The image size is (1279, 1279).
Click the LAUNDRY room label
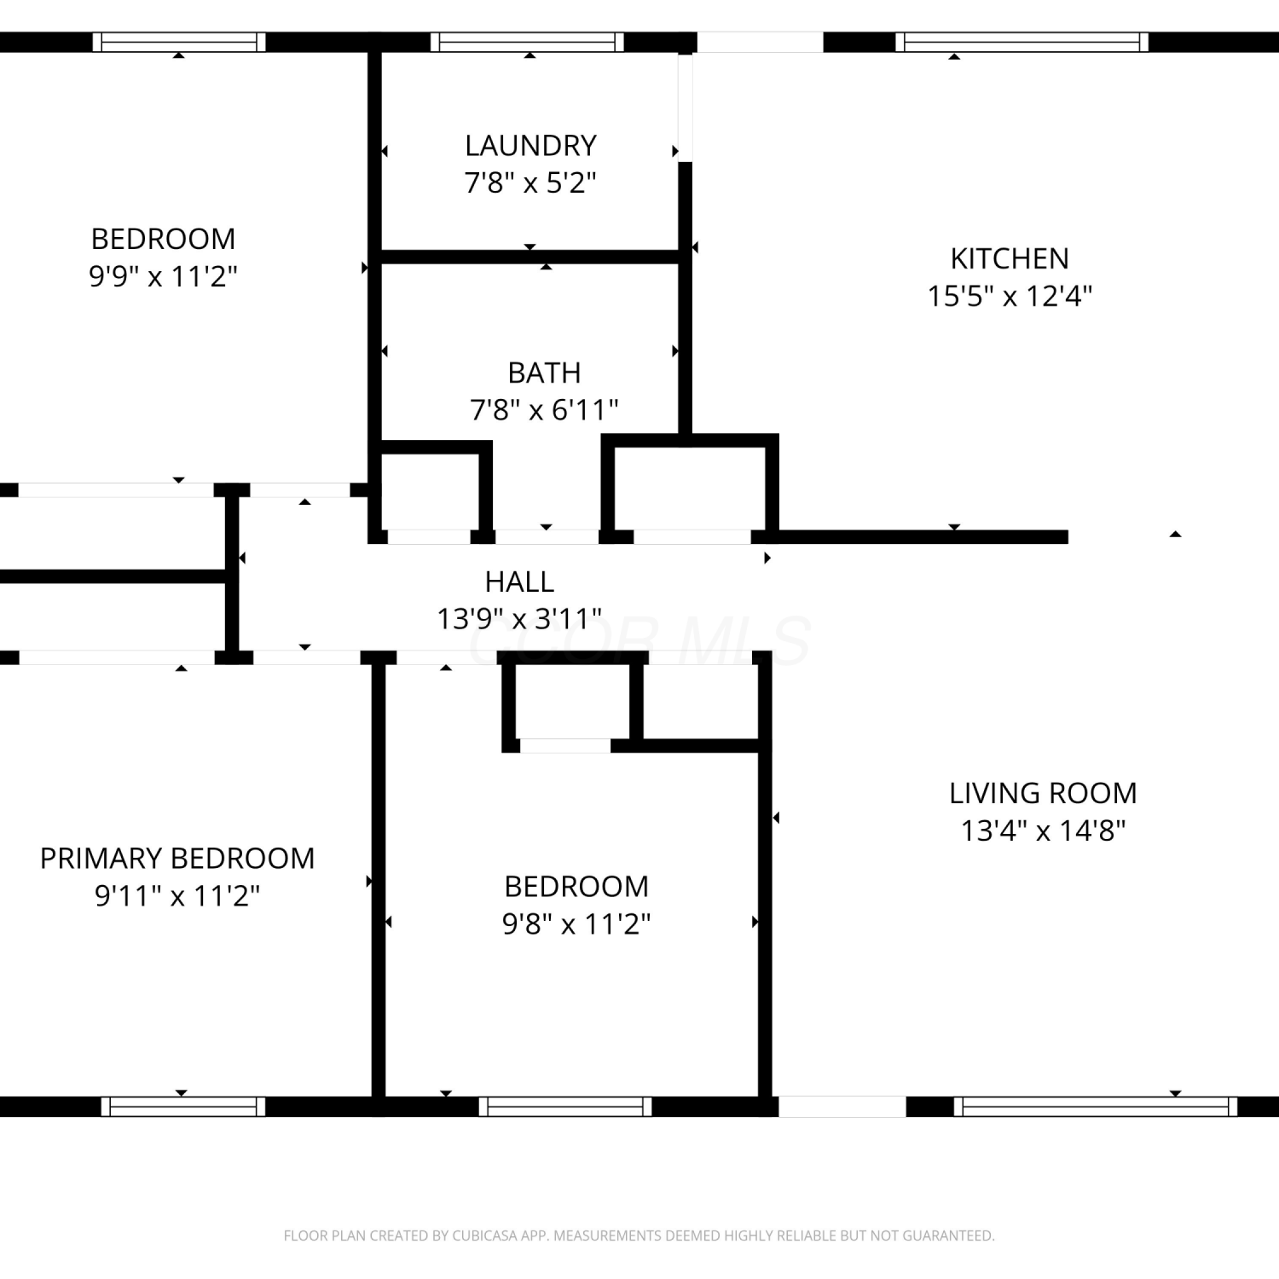pyautogui.click(x=530, y=146)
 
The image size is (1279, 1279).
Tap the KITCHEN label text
pyautogui.click(x=1010, y=258)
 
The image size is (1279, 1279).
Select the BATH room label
pyautogui.click(x=544, y=373)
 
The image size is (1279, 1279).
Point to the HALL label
pyautogui.click(x=519, y=582)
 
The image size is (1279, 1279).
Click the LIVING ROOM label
pyautogui.click(x=1043, y=793)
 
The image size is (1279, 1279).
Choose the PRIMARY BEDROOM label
pyautogui.click(x=177, y=858)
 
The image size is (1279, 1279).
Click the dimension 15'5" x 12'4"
pyautogui.click(x=1010, y=296)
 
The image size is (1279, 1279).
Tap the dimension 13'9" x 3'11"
pyautogui.click(x=519, y=618)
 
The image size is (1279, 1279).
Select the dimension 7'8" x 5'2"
pyautogui.click(x=530, y=182)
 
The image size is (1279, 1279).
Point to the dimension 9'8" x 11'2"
pyautogui.click(x=576, y=923)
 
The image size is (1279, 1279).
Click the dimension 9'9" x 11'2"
pyautogui.click(x=163, y=276)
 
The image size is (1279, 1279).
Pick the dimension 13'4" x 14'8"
pyautogui.click(x=1043, y=830)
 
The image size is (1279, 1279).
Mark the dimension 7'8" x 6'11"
pyautogui.click(x=544, y=410)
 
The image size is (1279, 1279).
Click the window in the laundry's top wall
pyautogui.click(x=527, y=43)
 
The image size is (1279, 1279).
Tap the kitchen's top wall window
pyautogui.click(x=1021, y=43)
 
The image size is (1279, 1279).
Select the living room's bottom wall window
pyautogui.click(x=1095, y=1107)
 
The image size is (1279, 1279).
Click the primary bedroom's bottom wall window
pyautogui.click(x=183, y=1107)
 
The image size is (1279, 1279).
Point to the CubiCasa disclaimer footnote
pyautogui.click(x=639, y=1236)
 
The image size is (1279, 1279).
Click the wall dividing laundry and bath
pyautogui.click(x=530, y=257)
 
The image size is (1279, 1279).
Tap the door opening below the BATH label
pyautogui.click(x=547, y=536)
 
